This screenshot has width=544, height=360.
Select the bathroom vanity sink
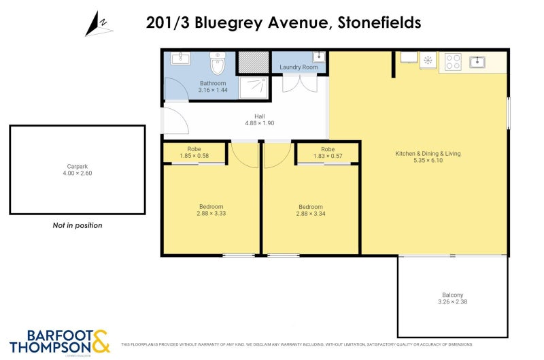pos(180,59)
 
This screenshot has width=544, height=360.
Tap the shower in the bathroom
pos(254,86)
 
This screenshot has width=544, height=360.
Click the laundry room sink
pos(318,57)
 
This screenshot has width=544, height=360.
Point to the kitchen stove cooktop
pos(453,62)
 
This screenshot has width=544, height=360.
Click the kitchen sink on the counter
pos(477,62)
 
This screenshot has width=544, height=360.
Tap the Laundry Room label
pos(299,67)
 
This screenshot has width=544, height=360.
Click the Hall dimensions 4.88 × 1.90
pos(260,123)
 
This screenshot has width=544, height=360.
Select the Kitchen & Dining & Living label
pos(428,154)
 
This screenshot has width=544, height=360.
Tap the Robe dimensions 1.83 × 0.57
pos(328,156)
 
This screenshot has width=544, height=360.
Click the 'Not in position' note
pos(77,225)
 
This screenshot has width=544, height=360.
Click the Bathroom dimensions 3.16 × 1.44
pos(213,90)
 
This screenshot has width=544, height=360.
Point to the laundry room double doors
pos(299,83)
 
